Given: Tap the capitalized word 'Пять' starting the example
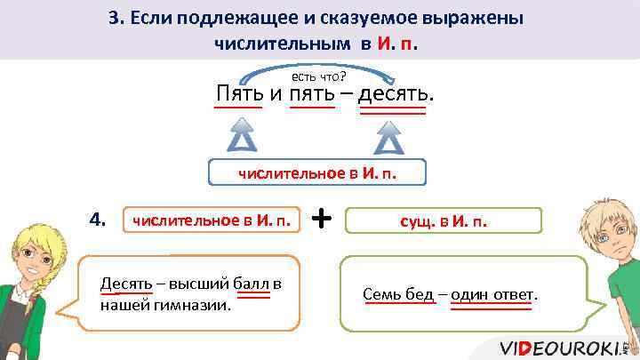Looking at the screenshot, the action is (x=238, y=92).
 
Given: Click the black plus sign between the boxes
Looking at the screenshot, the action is (x=324, y=217).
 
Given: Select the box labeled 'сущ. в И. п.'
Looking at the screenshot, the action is (x=443, y=220).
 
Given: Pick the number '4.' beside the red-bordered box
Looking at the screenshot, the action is (x=99, y=218).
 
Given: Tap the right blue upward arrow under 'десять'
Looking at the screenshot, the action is (x=388, y=138).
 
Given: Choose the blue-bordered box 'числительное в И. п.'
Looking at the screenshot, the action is (x=317, y=173).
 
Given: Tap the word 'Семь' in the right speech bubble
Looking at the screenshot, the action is (x=380, y=294).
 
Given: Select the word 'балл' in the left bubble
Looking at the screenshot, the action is (x=252, y=284).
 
